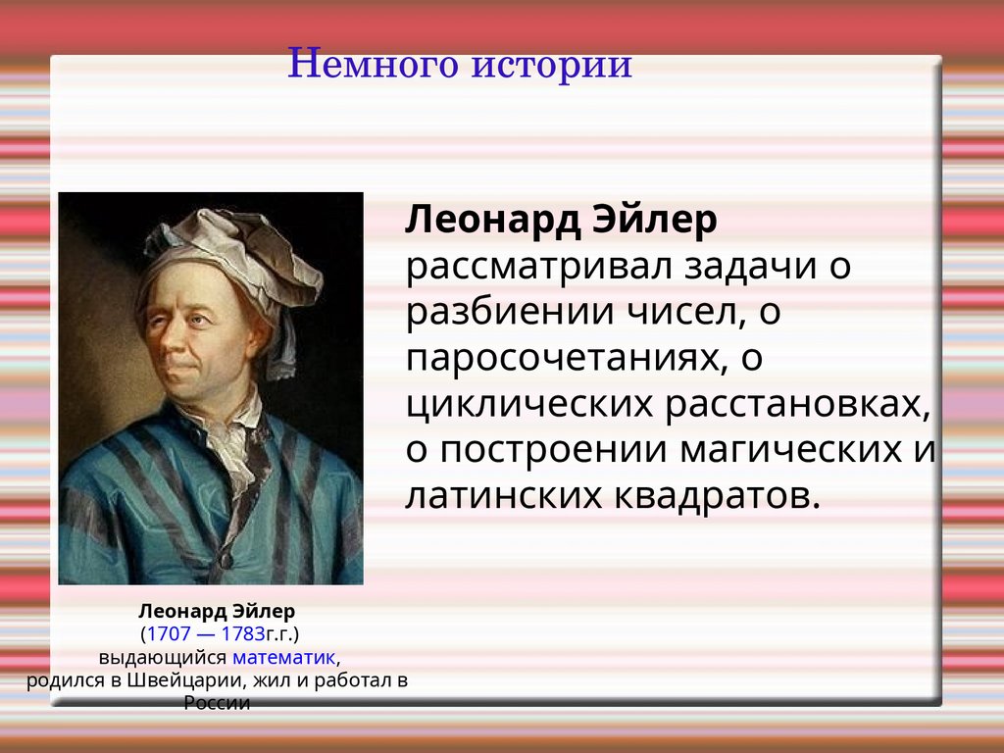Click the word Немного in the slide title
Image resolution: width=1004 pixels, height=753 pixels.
tap(374, 64)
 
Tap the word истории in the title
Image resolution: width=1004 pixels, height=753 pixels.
tap(552, 65)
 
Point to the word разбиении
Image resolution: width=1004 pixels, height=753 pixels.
tap(510, 313)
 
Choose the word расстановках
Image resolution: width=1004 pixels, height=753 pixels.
tap(798, 405)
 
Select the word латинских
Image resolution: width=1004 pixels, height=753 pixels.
tap(504, 496)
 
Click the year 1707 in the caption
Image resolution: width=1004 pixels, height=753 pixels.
tap(169, 634)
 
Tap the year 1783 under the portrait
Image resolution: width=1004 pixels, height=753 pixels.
tap(243, 634)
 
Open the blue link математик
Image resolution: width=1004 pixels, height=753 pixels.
tap(283, 658)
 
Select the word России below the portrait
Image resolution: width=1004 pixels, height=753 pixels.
tap(217, 703)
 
